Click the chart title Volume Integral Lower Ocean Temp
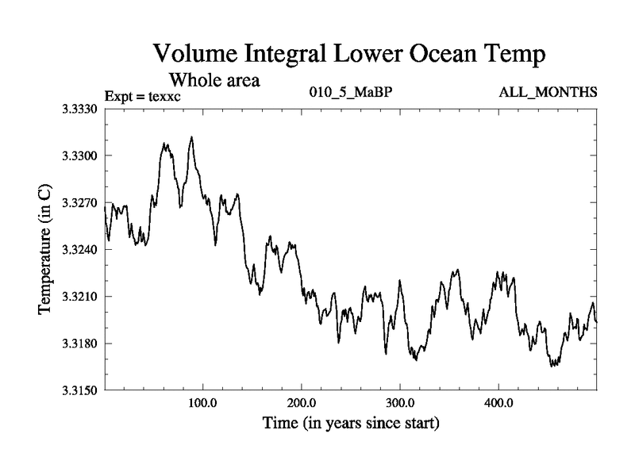point(348,56)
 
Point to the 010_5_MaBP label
point(349,93)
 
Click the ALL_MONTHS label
point(548,93)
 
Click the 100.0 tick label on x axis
point(203,402)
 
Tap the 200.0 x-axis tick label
point(302,402)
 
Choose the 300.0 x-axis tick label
point(400,402)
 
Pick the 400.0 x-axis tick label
point(498,402)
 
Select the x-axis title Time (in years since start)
point(351,424)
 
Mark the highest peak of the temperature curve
point(191,137)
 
